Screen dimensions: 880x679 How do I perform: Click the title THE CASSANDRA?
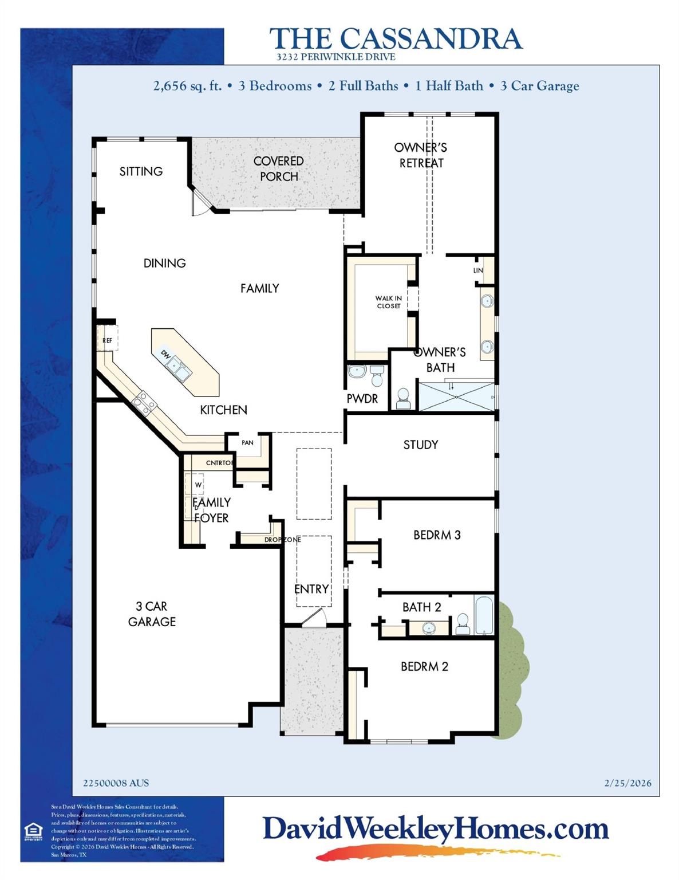[x=396, y=38]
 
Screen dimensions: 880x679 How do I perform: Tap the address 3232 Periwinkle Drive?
[x=335, y=57]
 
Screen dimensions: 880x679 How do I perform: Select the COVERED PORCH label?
[x=279, y=169]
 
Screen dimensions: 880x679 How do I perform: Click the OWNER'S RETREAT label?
[x=421, y=155]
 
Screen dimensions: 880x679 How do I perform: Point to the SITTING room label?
[x=141, y=171]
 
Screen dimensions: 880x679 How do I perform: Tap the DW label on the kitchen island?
[x=165, y=354]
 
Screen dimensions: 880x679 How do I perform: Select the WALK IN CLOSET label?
[x=388, y=302]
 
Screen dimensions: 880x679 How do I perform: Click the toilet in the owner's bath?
[x=403, y=399]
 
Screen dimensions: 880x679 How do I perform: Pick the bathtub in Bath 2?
[x=484, y=615]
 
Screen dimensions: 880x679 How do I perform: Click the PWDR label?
[x=362, y=399]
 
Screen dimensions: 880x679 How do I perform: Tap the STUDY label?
[x=420, y=445]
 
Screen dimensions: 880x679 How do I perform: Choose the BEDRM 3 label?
[x=437, y=535]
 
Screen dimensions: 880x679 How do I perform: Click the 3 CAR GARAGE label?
[x=152, y=614]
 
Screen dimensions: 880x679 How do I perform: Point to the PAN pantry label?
[x=247, y=443]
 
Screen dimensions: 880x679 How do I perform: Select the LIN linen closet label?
[x=478, y=270]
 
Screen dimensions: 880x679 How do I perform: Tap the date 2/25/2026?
[x=627, y=783]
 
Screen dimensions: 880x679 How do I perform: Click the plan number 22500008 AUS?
[x=116, y=783]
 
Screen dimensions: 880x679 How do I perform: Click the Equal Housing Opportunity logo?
[x=34, y=831]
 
